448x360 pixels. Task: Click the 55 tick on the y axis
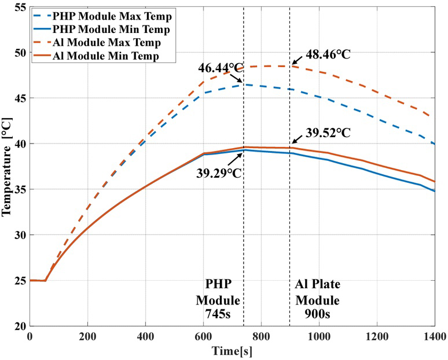[19, 8]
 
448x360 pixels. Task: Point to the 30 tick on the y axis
[19, 235]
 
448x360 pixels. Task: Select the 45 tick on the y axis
[19, 98]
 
